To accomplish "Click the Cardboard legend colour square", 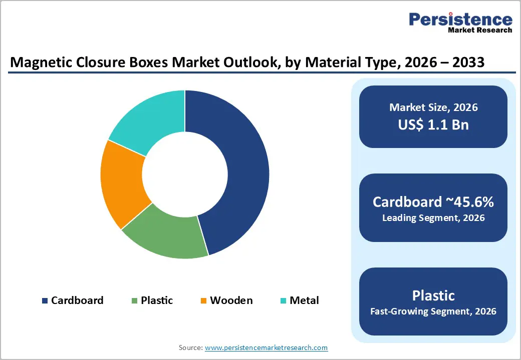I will click(45, 300).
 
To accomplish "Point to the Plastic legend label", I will click(157, 300).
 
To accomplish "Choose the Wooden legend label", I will click(231, 300).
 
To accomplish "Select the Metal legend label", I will click(304, 300).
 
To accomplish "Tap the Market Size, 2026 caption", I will click(433, 107).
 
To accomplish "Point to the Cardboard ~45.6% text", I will click(433, 202).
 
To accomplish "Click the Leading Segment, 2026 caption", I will click(433, 218).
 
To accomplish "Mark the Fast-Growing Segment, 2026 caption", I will click(433, 311).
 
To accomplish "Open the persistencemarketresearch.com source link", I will click(266, 347).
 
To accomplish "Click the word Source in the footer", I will click(190, 347).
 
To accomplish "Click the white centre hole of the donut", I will click(185, 174).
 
